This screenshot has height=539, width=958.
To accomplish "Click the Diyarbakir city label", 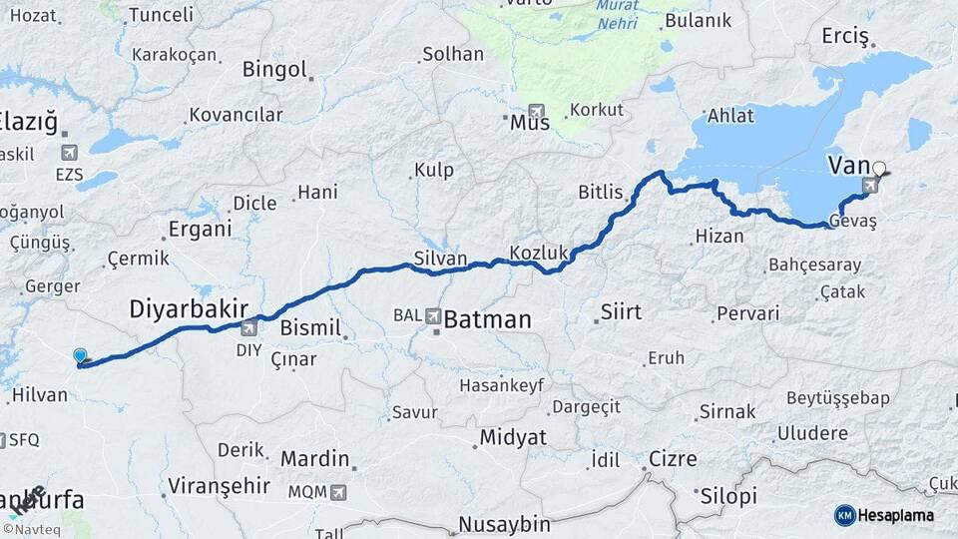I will [188, 309].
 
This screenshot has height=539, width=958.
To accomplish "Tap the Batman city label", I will [487, 319].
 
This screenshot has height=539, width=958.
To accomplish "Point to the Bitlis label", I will [601, 192].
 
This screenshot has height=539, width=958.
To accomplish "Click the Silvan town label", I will [440, 259].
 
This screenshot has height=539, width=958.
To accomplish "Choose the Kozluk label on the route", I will [538, 254].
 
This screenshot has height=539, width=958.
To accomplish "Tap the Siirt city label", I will [620, 312].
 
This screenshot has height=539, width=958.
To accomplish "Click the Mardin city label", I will [314, 459].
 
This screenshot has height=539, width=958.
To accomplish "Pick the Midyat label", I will [513, 436].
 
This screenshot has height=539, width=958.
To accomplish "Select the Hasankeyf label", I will [499, 384].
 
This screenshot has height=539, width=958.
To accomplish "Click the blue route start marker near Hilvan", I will [80, 355].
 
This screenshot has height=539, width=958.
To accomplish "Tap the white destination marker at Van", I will [879, 168].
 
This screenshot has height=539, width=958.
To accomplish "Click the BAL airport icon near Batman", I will [434, 315].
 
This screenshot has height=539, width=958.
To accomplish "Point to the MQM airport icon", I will [339, 492].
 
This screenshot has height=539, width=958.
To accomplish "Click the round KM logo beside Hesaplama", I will [844, 515].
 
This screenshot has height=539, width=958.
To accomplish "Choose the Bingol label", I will [274, 70].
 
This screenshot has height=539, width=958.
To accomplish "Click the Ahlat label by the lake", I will [730, 116].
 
